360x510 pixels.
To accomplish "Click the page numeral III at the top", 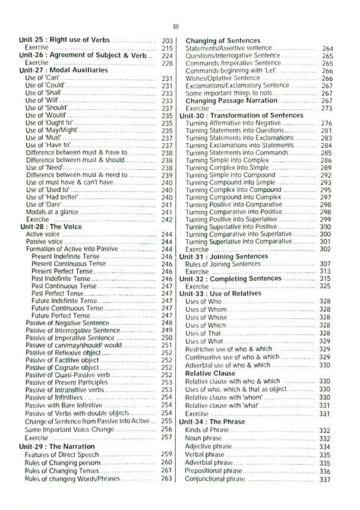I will click(x=176, y=26).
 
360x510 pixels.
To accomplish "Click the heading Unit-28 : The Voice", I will click(x=49, y=227).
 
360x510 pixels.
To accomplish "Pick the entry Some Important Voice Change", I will click(x=69, y=429).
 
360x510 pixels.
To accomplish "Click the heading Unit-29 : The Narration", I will click(x=56, y=446).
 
